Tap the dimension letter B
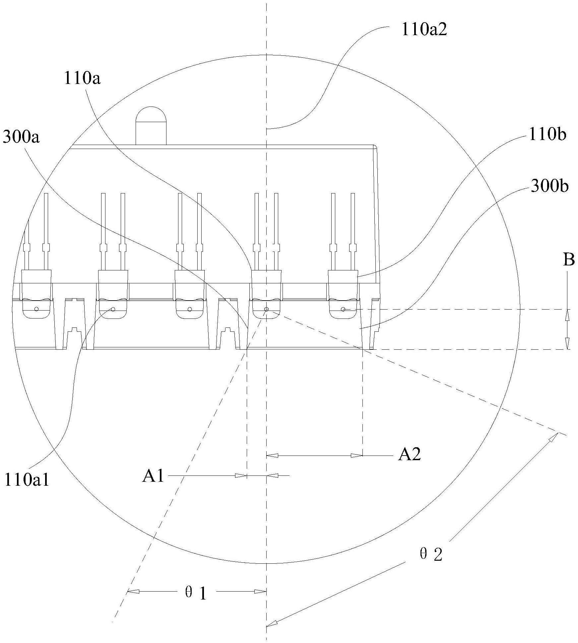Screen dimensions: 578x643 [569, 260]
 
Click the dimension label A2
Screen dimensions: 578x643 [409, 455]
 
